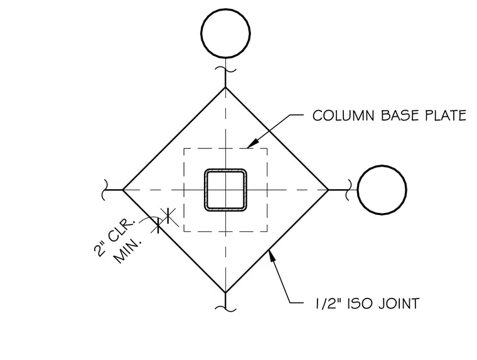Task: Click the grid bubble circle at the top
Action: coord(225,10)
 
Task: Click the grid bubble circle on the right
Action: coord(382,166)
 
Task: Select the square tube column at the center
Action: coord(225,170)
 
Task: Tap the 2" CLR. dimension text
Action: coord(114,237)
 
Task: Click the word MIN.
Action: coord(128,251)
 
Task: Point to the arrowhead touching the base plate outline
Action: coord(252,143)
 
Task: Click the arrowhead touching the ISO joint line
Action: coord(272,256)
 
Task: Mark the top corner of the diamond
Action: coord(225,87)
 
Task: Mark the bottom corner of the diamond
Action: coord(225,293)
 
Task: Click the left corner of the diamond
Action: coord(123,190)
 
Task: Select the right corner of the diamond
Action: coord(328,190)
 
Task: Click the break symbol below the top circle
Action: coord(225,70)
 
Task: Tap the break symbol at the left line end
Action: coord(105,190)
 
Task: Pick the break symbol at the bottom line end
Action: coord(225,308)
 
